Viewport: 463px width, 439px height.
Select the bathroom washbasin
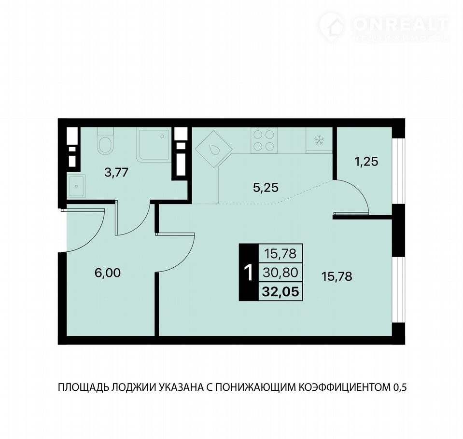[x=76, y=186]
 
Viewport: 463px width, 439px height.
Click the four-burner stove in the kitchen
[x=264, y=140]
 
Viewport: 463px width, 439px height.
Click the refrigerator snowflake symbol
[x=319, y=140]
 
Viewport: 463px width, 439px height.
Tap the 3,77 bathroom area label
[x=117, y=172]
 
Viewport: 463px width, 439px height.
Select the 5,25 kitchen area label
[x=266, y=187]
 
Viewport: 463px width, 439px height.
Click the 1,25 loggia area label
[x=366, y=162]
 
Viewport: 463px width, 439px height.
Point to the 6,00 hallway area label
[x=108, y=273]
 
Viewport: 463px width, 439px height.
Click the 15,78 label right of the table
[x=337, y=277]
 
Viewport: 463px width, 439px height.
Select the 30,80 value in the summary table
[x=281, y=272]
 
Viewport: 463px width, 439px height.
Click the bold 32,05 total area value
[x=281, y=291]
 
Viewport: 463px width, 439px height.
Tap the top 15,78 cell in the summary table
[x=281, y=253]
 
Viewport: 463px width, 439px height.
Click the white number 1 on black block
[x=249, y=273]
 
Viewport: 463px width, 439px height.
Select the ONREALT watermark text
[x=401, y=24]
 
